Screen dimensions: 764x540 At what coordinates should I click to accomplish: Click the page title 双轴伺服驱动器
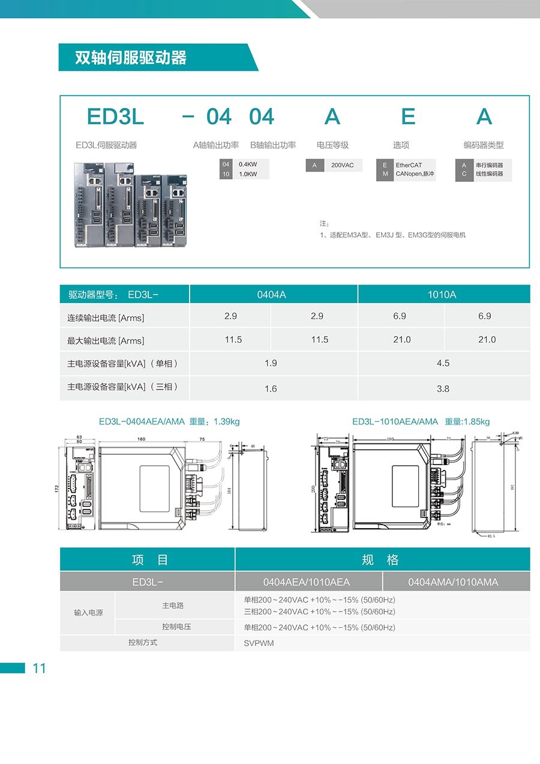130,58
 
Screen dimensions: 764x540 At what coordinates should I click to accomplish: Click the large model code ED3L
115,116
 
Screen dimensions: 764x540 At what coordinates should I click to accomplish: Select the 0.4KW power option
248,164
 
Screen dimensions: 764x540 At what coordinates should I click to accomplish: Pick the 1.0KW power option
248,174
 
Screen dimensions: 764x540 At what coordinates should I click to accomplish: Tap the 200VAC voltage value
343,165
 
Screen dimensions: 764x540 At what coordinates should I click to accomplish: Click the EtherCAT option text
409,165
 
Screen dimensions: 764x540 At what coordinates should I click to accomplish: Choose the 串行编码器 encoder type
489,165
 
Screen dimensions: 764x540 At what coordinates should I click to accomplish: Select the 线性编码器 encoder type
489,174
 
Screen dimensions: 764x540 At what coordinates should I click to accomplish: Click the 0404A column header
271,295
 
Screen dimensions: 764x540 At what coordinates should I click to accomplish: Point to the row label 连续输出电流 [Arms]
106,317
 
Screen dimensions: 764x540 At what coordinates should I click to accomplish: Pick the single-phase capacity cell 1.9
271,363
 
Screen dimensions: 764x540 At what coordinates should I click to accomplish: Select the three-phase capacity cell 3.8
443,389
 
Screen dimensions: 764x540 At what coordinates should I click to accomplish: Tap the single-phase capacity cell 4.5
443,363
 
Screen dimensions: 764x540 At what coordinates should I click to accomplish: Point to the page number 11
39,669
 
